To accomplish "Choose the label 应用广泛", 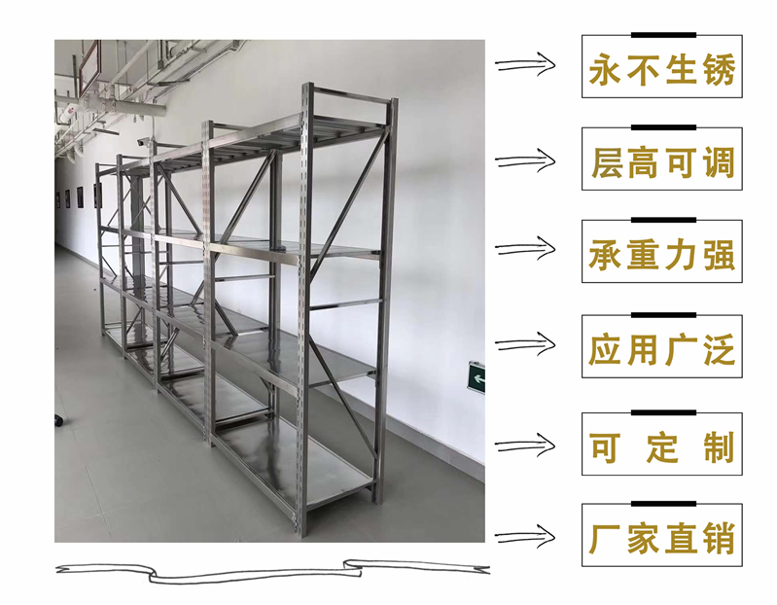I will pos(661,347).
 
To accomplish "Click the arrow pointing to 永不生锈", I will pos(524,65).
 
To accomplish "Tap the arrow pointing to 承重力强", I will pos(524,252).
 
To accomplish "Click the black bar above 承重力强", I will pos(662,220).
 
